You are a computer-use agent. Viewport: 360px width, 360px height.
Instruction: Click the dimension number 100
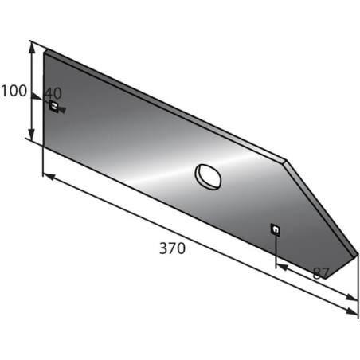[x=14, y=91]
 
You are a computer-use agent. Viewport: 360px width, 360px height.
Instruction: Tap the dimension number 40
[x=53, y=93]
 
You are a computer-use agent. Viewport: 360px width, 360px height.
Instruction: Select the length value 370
[x=172, y=248]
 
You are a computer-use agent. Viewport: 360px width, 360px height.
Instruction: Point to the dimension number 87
[x=321, y=273]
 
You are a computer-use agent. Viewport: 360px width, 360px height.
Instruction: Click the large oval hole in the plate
[x=208, y=177]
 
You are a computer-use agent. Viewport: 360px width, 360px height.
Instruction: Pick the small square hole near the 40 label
[x=54, y=106]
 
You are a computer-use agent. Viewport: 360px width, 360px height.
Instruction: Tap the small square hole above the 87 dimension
[x=276, y=229]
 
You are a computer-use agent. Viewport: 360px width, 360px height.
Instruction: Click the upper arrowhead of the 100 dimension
[x=32, y=47]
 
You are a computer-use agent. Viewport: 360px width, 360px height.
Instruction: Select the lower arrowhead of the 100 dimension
[x=32, y=135]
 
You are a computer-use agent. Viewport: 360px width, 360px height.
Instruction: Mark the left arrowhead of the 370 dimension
[x=49, y=177]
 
